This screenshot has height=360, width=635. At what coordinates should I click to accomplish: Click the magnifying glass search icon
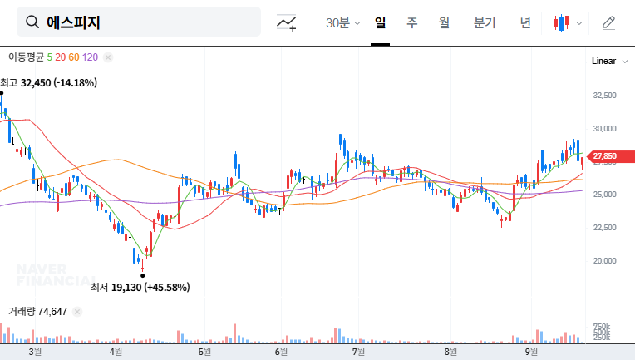[x=32, y=22]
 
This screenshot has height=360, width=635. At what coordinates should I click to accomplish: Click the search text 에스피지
[x=73, y=22]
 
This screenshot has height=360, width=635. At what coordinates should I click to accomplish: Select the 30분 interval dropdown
[x=342, y=23]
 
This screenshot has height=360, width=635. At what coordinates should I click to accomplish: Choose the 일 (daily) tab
[x=381, y=22]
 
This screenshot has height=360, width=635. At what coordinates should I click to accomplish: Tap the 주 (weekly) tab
[x=412, y=22]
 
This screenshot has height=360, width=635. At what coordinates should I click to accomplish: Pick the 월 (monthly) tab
[x=444, y=22]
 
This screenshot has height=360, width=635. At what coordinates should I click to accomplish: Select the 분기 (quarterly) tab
[x=484, y=22]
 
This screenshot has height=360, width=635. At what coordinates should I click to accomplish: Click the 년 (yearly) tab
[x=525, y=22]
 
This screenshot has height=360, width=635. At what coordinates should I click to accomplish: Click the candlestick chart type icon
[x=563, y=23]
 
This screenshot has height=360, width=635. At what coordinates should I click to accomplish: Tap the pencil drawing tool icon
[x=608, y=23]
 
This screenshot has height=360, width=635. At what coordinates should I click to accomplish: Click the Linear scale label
[x=603, y=62]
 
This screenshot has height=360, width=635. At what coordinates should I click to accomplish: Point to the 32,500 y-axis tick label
[x=604, y=96]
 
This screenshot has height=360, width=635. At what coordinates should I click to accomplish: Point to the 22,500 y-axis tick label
[x=604, y=227]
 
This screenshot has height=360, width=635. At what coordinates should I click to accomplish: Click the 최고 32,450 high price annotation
[x=49, y=82]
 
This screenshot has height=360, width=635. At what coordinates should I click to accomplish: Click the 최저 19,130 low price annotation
[x=140, y=288]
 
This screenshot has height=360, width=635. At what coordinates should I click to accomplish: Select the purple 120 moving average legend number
[x=91, y=57]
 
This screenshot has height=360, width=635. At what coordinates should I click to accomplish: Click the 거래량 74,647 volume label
[x=37, y=311]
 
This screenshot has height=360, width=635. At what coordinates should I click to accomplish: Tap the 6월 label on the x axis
[x=282, y=353]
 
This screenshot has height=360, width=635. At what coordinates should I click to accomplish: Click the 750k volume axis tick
[x=602, y=326]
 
